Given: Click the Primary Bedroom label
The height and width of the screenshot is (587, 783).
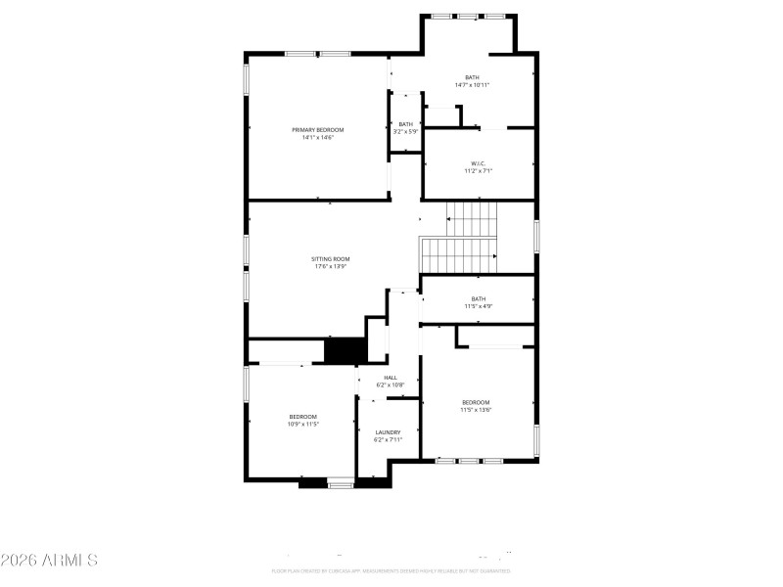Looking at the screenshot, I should pos(317,129).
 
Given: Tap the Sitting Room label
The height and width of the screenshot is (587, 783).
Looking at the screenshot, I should pos(331,259).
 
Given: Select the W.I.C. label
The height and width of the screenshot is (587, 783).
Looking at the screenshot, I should pos(478,163).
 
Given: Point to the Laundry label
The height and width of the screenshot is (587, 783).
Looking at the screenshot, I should pos(388,432).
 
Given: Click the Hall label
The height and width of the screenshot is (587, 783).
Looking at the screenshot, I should pos(391,378).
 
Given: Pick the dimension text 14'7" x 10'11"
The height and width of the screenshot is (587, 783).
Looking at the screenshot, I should pos(472,85).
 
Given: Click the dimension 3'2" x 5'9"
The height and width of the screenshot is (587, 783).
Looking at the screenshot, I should pos(405,131).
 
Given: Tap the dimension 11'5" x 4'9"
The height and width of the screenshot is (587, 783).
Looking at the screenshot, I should pos(478,306).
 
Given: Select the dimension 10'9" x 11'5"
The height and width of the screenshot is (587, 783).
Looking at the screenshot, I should pos(303,425).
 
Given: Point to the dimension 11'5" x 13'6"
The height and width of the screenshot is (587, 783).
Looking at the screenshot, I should pos(476,410).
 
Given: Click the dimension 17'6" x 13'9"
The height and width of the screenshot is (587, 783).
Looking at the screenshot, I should pos(331,267).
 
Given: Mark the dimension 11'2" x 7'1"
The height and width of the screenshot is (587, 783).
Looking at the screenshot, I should pos(478,171).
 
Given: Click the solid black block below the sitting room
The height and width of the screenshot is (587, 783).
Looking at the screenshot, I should pos(344,350).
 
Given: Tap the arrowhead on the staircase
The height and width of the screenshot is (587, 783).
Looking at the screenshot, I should pos(494,256).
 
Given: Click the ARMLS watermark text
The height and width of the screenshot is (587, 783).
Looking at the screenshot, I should pos(49,561).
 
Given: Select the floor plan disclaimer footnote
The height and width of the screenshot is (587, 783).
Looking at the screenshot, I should pos(391,570).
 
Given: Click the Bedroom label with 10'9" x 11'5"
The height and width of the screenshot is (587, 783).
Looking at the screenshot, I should pos(303,417).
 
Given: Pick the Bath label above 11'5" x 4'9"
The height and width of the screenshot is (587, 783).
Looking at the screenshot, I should pos(478,298).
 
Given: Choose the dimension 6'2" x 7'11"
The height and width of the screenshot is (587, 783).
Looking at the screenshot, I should pos(388,440).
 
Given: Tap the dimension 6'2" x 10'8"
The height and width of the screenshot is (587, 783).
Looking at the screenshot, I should pos(391,385).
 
